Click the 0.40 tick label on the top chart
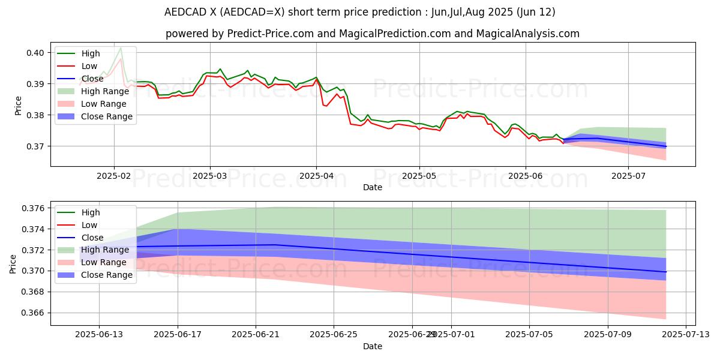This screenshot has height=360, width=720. click(35, 53)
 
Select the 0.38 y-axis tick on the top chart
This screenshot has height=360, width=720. click(35, 115)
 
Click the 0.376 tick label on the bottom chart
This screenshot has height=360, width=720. click(33, 208)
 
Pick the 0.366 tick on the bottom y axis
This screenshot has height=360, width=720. click(33, 313)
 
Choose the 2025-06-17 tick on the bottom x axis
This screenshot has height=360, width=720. click(178, 335)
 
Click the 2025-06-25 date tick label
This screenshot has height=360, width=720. click(334, 335)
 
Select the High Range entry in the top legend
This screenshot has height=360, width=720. click(105, 91)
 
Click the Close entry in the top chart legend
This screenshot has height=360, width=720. click(92, 79)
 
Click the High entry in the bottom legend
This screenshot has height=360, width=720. click(91, 212)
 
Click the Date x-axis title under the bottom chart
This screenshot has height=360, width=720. click(373, 346)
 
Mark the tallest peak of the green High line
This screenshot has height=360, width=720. click(121, 47)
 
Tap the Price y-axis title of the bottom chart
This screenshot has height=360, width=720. click(13, 263)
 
